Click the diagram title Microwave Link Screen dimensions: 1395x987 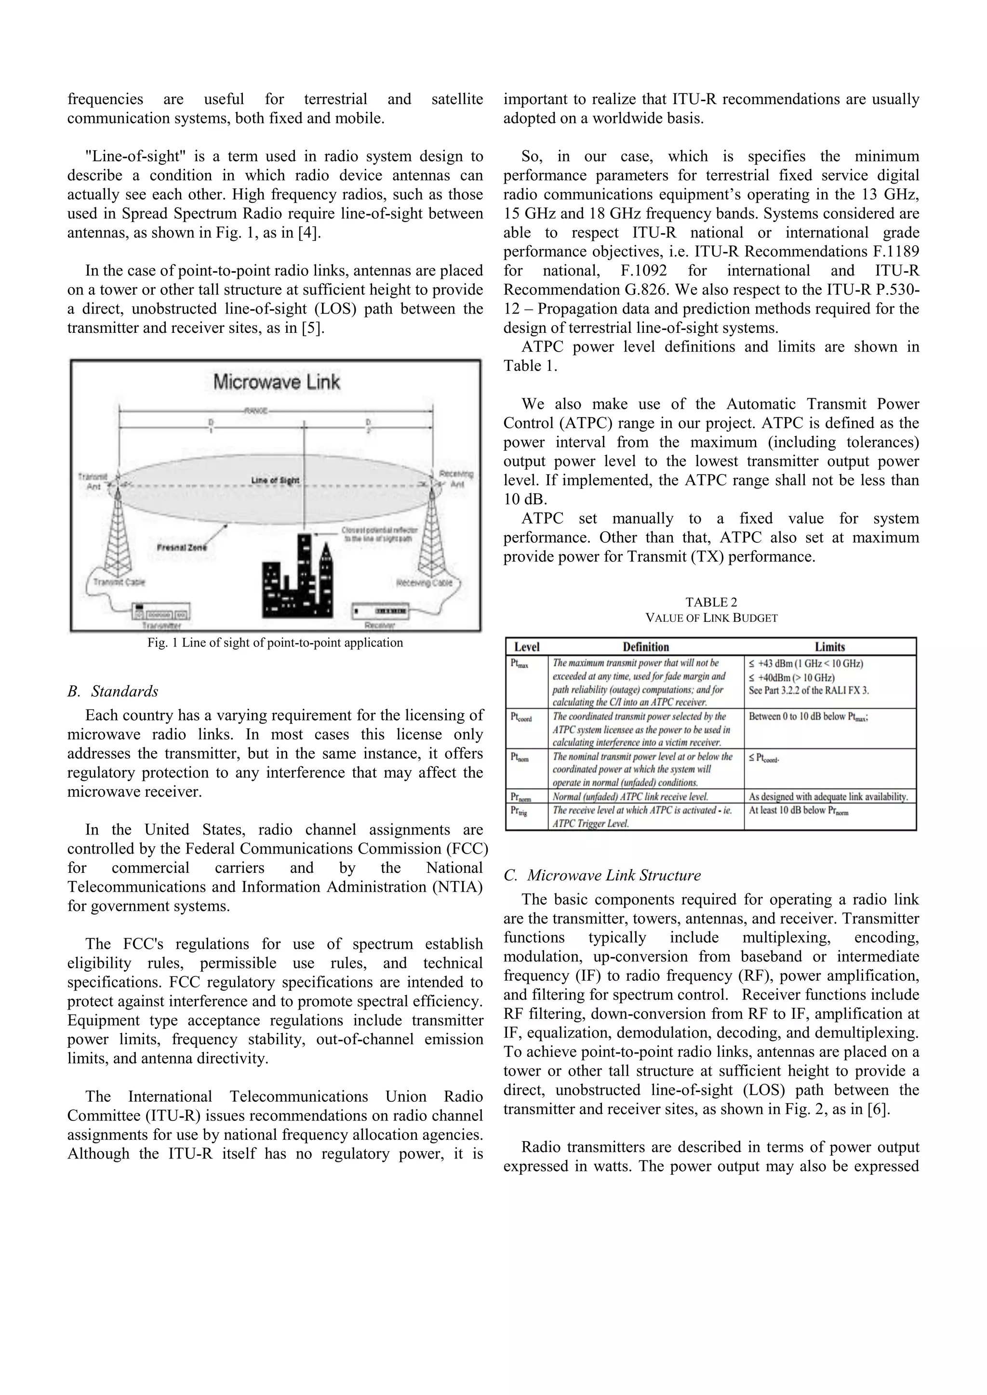tap(277, 382)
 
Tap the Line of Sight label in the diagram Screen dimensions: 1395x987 tap(275, 481)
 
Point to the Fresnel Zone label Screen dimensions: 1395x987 tap(182, 547)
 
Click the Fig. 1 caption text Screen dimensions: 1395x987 tap(275, 643)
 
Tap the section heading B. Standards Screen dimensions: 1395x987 tap(113, 691)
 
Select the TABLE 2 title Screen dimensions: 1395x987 tap(711, 602)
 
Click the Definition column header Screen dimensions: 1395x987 tap(645, 647)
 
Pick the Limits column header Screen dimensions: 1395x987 tap(829, 647)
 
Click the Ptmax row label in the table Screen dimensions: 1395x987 tap(520, 664)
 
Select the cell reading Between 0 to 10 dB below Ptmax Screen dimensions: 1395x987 tap(808, 717)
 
